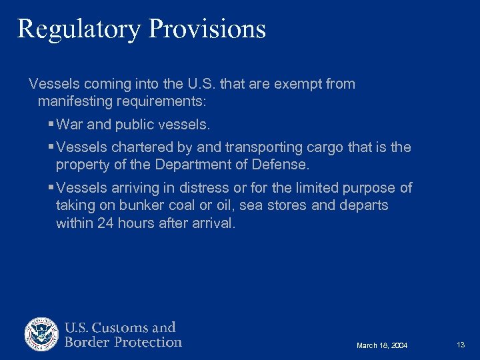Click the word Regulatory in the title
tap(79, 29)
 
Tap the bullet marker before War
tap(51, 125)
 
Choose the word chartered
tap(141, 147)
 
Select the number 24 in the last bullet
tap(105, 223)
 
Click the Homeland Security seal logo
tap(42, 335)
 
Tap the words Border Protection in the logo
tap(123, 343)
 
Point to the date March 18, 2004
tap(382, 345)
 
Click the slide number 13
tap(461, 345)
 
